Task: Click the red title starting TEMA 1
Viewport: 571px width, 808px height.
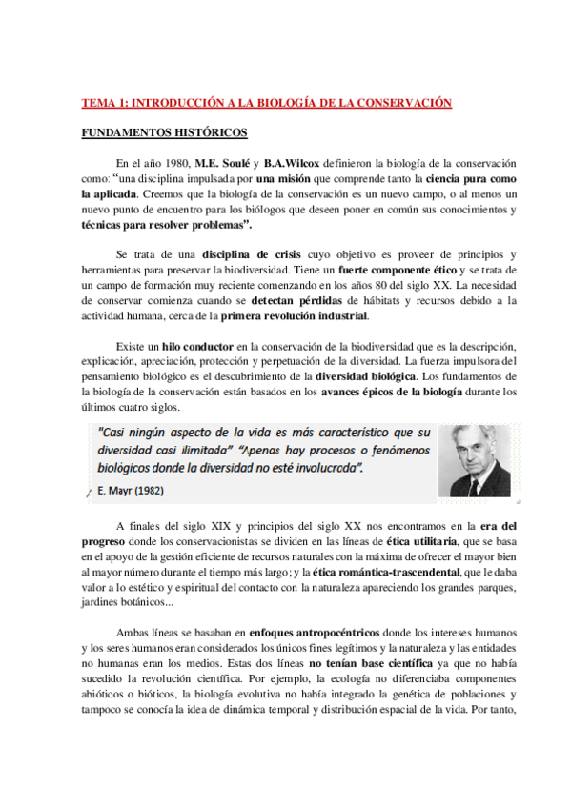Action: [x=265, y=103]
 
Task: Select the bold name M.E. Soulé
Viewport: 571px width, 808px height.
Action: [x=222, y=163]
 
